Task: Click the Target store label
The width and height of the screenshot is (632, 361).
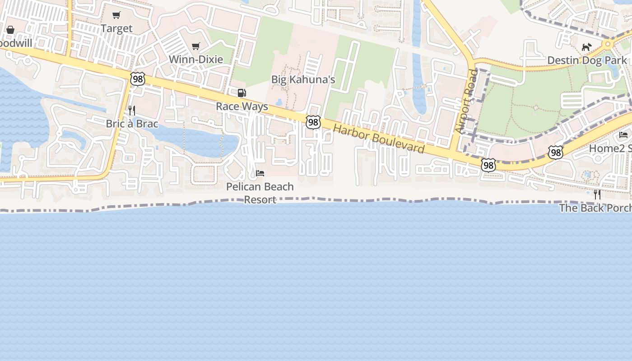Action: (116, 28)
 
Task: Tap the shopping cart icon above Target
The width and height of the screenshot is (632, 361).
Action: (116, 15)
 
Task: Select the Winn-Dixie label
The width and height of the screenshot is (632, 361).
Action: (196, 59)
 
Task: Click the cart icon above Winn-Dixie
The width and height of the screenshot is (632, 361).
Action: (196, 46)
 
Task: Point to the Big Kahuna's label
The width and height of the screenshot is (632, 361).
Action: (303, 80)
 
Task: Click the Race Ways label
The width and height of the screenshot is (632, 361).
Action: (242, 106)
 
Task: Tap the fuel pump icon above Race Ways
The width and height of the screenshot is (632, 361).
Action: (242, 93)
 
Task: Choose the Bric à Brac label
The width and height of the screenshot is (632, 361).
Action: (132, 124)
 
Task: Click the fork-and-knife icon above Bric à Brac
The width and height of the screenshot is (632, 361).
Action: (132, 110)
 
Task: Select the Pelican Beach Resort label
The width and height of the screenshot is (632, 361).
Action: (260, 193)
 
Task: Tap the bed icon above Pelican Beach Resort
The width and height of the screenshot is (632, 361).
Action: (260, 173)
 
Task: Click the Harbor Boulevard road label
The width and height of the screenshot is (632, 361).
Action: (379, 139)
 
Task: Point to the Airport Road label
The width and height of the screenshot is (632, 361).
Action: (466, 101)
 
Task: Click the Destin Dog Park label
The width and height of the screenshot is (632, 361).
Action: (587, 60)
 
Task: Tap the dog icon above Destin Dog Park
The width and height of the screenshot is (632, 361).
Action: (586, 47)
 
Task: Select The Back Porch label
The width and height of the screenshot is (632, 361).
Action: (595, 208)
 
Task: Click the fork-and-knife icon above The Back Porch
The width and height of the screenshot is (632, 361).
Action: (597, 194)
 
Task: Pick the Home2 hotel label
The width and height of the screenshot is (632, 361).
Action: (610, 148)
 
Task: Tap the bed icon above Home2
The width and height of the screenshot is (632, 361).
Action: (623, 135)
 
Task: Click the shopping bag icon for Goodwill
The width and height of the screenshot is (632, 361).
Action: (10, 30)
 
